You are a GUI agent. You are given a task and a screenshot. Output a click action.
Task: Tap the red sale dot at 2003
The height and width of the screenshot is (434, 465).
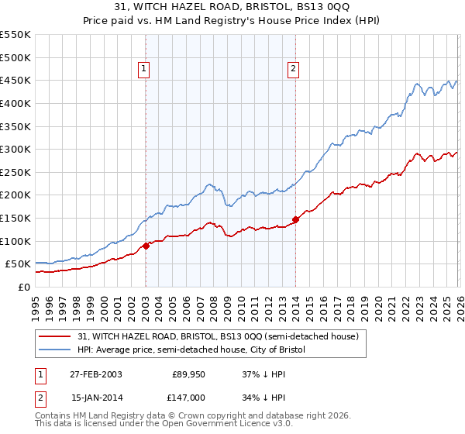click(146, 246)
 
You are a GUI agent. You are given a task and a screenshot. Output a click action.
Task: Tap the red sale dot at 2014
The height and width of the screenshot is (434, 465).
click(295, 219)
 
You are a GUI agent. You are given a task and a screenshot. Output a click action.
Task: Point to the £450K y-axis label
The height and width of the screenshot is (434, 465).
click(15, 81)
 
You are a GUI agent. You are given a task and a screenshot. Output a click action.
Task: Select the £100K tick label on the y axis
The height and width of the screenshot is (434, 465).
click(15, 241)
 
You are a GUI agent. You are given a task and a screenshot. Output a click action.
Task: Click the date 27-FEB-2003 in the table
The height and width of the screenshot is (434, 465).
click(95, 375)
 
